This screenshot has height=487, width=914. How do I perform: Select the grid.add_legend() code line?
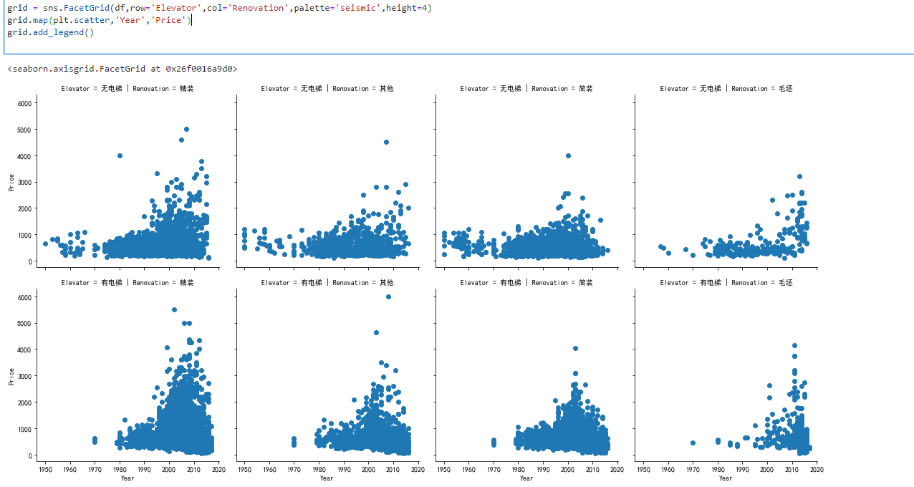tap(50, 32)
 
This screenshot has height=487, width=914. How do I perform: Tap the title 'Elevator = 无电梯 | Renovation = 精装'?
tap(128, 89)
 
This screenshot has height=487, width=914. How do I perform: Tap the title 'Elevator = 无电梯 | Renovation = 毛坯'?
tap(726, 89)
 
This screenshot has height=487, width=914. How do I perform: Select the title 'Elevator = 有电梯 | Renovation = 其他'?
tap(327, 283)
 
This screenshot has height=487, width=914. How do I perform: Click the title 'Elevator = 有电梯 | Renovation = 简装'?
tap(526, 283)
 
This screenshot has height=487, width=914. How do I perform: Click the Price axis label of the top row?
tap(11, 183)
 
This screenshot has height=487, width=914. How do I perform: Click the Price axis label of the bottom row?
tap(11, 377)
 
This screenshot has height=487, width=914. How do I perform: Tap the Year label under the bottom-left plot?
tap(128, 478)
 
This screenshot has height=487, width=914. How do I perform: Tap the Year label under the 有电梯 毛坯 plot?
tap(726, 478)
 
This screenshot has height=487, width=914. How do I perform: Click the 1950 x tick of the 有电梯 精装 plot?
tap(45, 470)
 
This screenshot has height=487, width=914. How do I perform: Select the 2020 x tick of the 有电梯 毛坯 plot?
tap(817, 470)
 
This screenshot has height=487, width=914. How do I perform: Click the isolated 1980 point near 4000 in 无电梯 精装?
tap(120, 155)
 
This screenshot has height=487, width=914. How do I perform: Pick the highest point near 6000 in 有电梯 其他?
tap(388, 296)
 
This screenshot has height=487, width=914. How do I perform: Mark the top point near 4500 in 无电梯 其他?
tap(386, 142)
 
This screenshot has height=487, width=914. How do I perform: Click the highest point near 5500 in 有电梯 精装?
tap(174, 309)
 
